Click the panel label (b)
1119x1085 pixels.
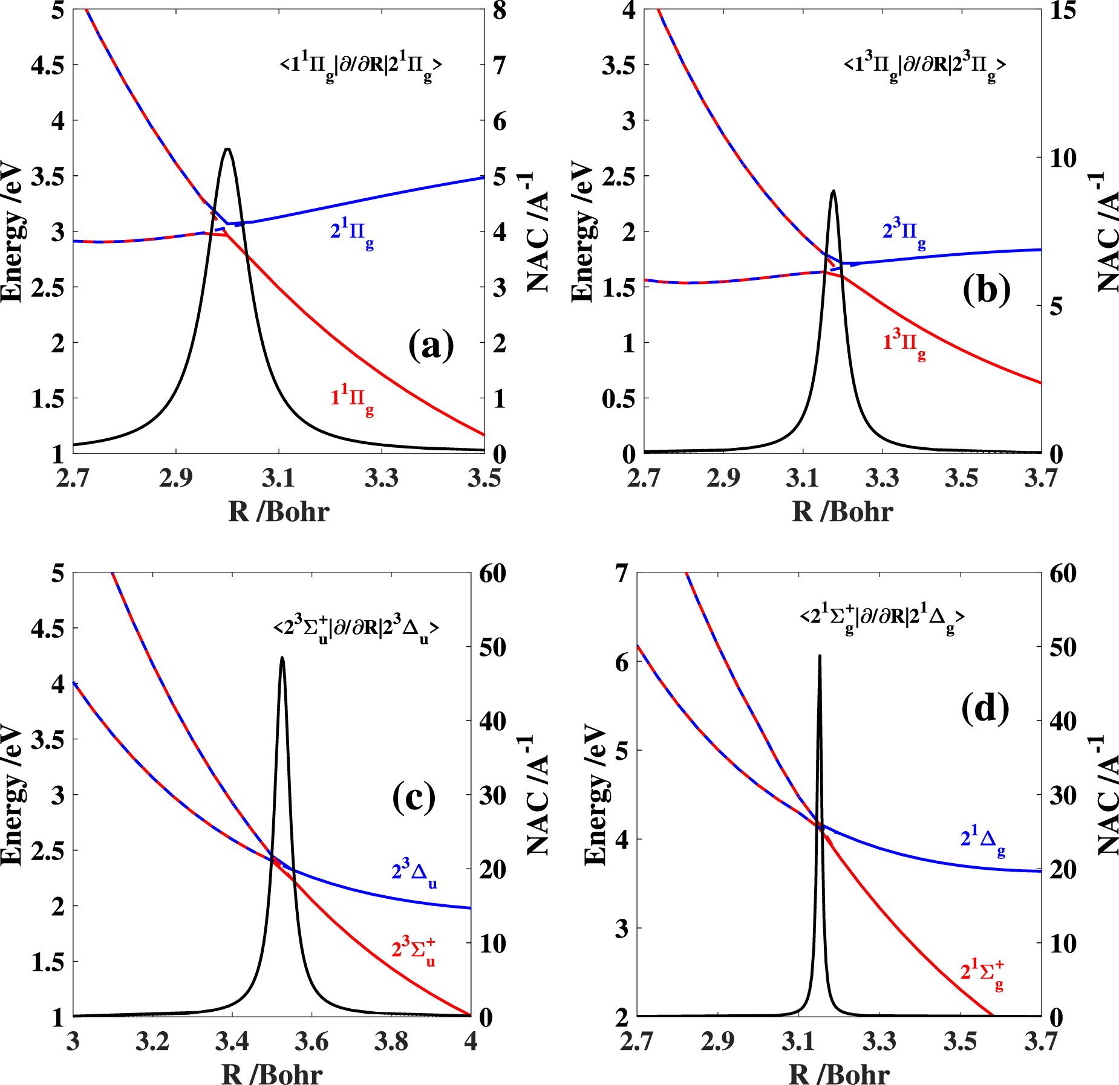987,290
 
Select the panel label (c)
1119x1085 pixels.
414,797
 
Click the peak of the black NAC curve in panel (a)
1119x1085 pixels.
227,149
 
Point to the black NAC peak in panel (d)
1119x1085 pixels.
820,656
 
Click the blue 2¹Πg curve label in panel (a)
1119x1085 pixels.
352,235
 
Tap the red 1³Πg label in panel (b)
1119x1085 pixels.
904,345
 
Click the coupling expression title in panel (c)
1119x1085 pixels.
356,629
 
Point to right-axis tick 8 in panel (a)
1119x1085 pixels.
500,10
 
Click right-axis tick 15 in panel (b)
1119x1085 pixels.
1063,10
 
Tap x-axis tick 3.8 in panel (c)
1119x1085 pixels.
391,1041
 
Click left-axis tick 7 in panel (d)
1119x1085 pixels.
622,573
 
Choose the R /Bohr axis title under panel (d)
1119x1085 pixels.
839,1074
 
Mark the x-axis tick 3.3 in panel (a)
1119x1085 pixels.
382,479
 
